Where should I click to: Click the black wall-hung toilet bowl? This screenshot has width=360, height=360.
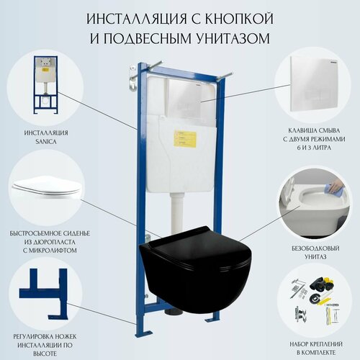coord(198,270)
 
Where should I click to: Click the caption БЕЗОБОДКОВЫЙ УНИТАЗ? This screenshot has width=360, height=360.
coord(315,249)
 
